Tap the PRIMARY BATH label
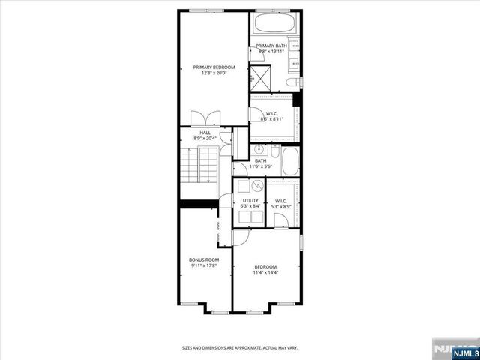pos(271,46)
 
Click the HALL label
pos(205,133)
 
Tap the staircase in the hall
pos(198,169)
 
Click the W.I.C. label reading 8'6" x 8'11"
pos(271,114)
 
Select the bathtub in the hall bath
pos(290,160)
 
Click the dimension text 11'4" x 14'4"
pos(265,272)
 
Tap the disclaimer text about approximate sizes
pos(239,348)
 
